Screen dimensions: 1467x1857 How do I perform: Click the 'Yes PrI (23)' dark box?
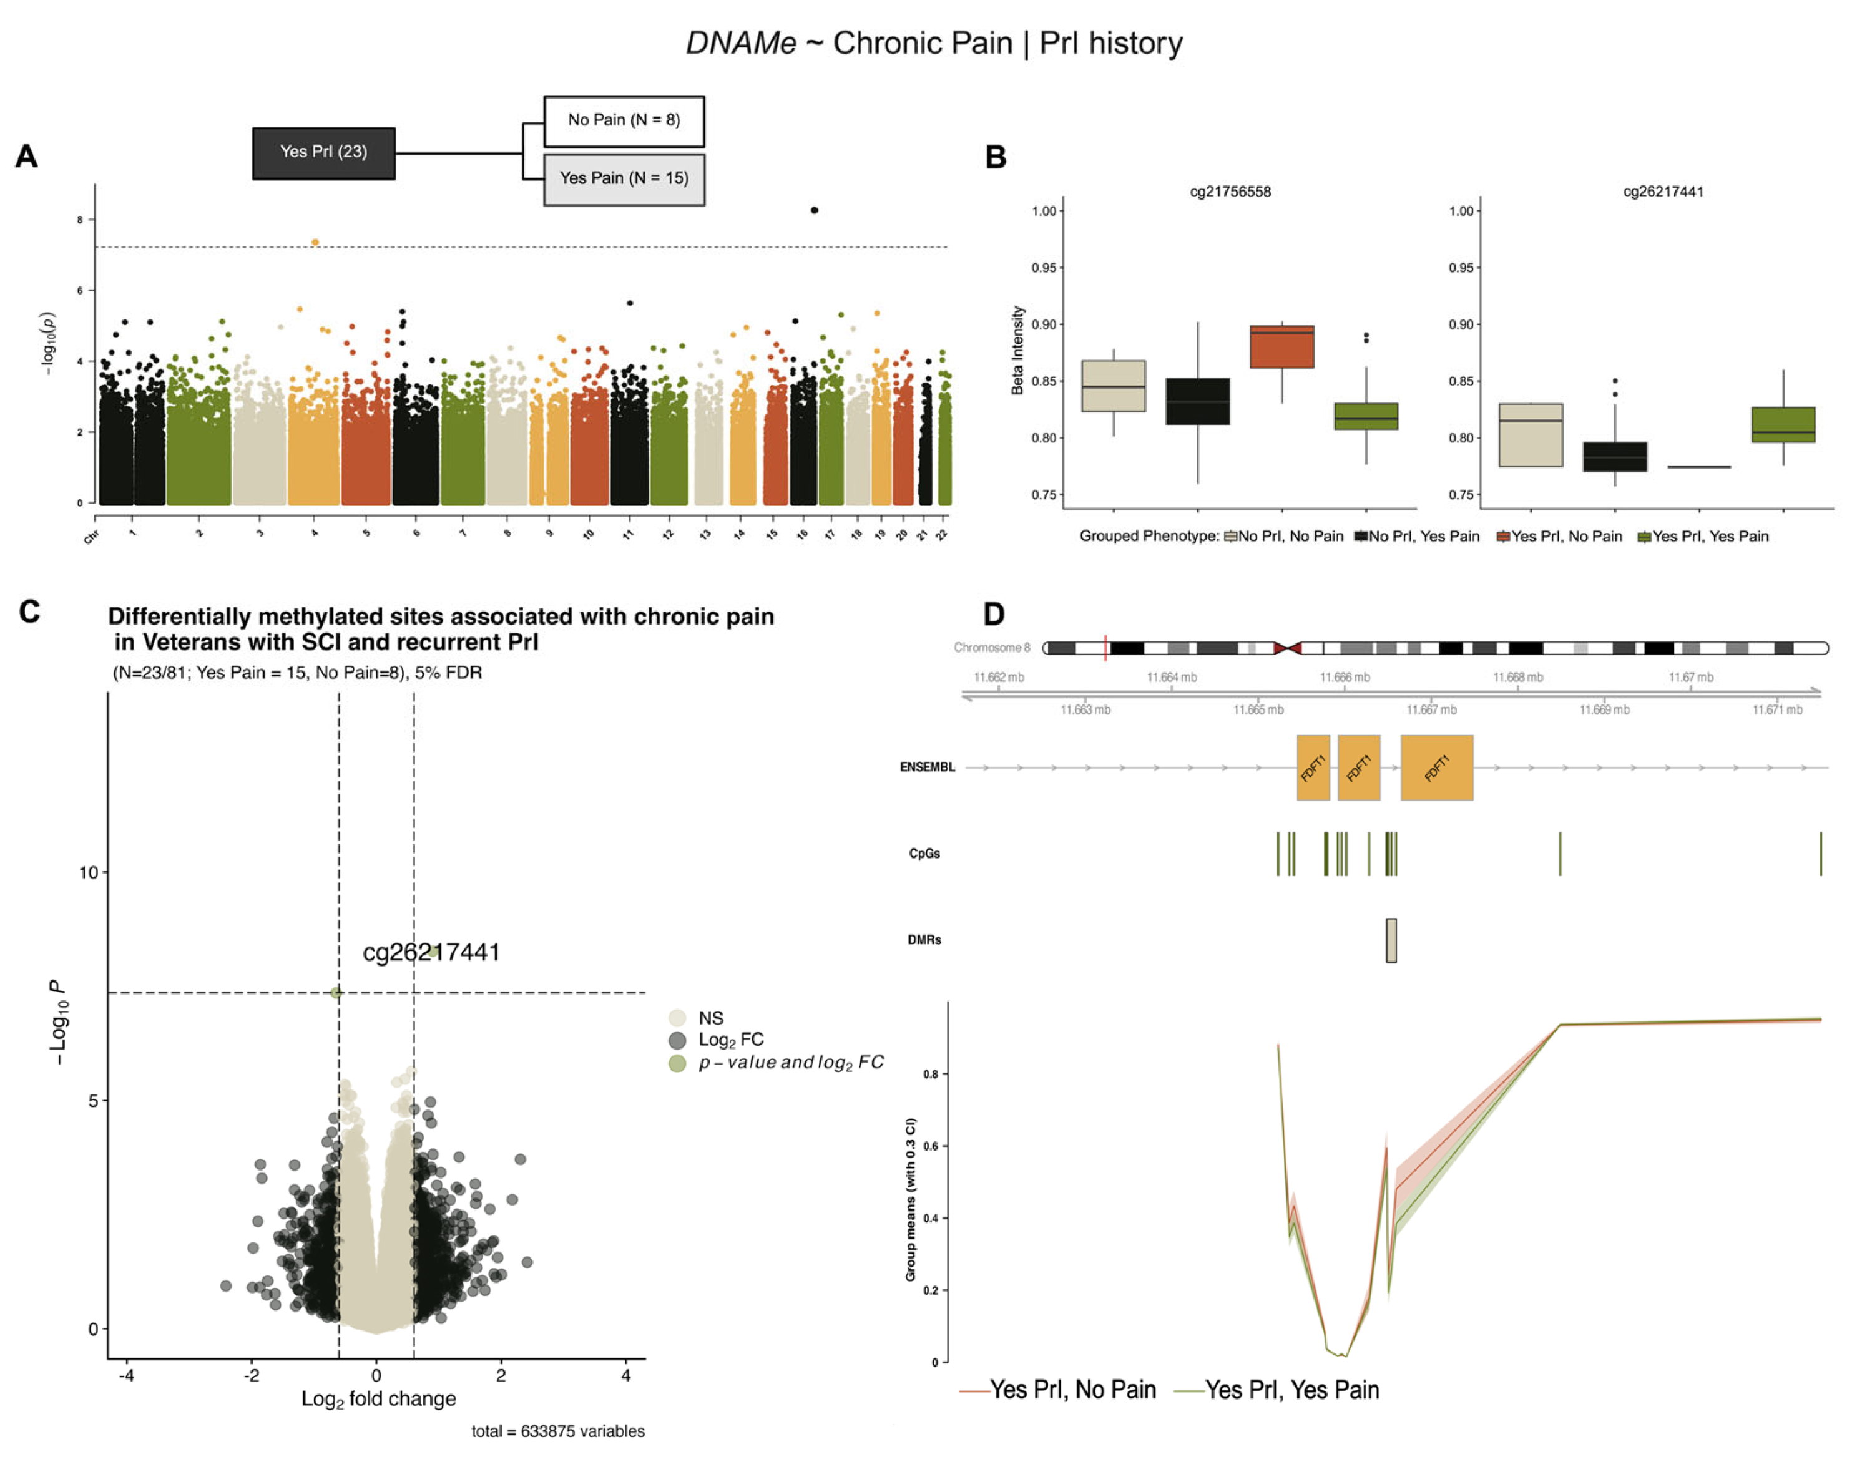click(x=323, y=153)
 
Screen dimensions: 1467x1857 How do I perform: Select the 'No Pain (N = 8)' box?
click(x=623, y=120)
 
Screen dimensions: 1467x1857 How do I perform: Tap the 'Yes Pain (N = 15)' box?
click(x=623, y=178)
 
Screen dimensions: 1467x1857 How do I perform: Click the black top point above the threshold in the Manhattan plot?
click(x=814, y=210)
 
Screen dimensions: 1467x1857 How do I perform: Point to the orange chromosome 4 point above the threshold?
click(x=315, y=242)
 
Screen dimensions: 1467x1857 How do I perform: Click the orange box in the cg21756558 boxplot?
click(x=1281, y=347)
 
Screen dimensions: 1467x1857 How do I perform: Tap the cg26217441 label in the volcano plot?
click(x=431, y=952)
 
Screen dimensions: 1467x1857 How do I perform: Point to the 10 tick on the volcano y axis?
click(x=89, y=872)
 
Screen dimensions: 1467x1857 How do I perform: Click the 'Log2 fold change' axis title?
click(x=378, y=1398)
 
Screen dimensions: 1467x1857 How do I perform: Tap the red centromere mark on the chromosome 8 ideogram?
click(x=1286, y=648)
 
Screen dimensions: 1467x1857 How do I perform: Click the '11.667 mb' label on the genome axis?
click(x=1431, y=709)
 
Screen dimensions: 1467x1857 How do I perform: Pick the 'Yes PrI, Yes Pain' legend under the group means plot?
click(x=1291, y=1389)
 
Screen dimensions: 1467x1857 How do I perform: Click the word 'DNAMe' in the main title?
click(x=741, y=43)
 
